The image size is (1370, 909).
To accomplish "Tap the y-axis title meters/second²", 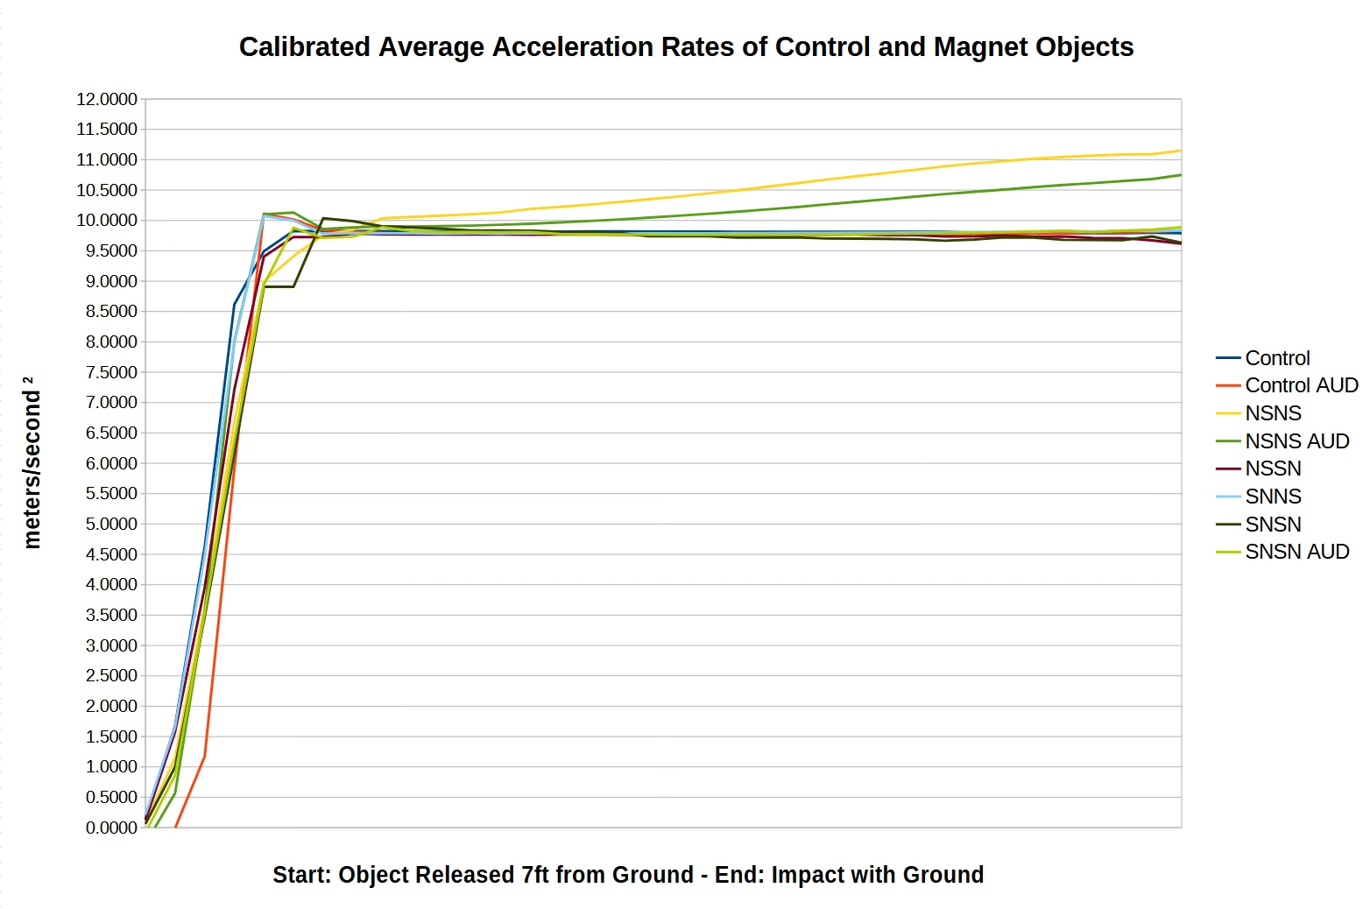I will [32, 462].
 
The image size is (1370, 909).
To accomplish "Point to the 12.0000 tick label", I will [107, 99].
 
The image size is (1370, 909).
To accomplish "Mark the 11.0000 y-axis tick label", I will [107, 159].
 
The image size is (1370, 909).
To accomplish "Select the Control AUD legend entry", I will [1301, 385].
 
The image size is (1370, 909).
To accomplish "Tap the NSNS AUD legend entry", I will [1296, 441].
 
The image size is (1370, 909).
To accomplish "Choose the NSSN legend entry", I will [1273, 469].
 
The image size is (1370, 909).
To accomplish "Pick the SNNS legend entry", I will [1273, 497].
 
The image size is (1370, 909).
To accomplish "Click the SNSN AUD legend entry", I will [1296, 552].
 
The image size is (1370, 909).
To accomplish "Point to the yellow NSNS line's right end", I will [1180, 151].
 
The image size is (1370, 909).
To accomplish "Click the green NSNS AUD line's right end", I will [1180, 175].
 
